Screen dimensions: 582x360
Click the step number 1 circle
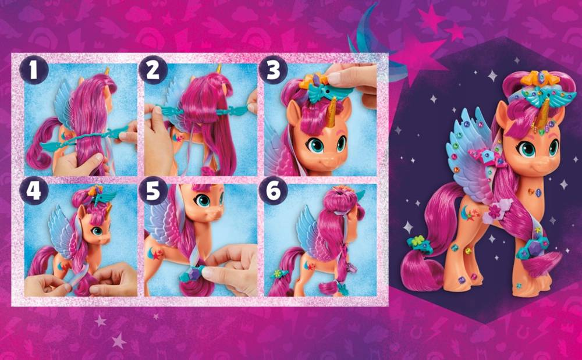pos(34,70)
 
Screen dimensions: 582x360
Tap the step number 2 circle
pos(153,70)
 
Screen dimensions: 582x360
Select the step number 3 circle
pos(273,70)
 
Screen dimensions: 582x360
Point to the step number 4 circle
pos(34,191)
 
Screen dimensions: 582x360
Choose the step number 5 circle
pos(153,191)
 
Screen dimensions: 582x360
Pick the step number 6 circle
pos(273,191)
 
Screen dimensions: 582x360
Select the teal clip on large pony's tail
pos(420,245)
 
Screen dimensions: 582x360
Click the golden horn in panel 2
pos(219,69)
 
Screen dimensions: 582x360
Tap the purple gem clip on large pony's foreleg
pos(534,245)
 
